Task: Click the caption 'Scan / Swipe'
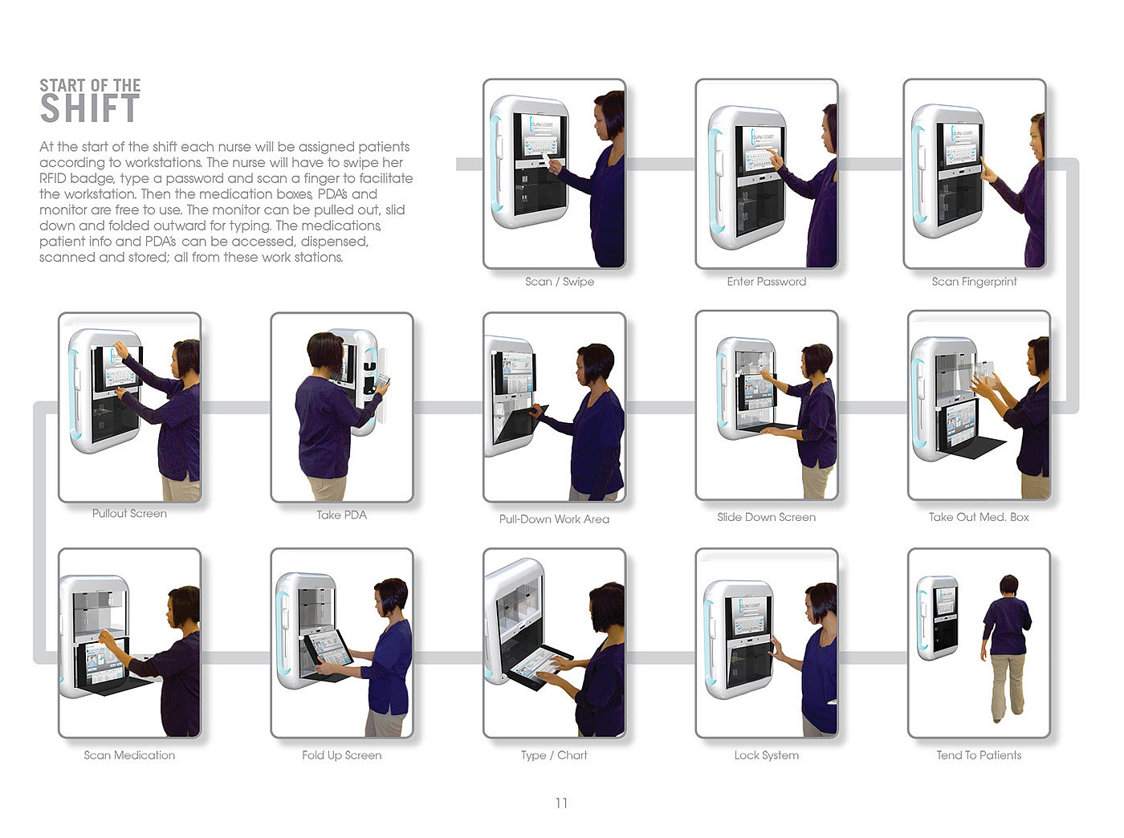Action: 559,282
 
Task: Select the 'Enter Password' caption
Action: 766,282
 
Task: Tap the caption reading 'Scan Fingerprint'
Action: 974,282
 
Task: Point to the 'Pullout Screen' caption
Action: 129,514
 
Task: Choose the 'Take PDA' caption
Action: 341,515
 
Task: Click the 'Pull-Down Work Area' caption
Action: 554,519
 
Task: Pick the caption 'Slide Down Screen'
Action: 766,517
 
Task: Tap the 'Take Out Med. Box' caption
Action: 979,517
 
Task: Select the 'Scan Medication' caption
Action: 129,755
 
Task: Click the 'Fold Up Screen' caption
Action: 341,755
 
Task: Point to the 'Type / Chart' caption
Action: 554,755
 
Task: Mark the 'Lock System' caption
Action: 766,755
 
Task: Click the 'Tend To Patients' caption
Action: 979,755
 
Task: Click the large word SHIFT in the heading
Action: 90,108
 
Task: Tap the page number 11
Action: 561,803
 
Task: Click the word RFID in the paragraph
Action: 53,178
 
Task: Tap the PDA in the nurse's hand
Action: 381,381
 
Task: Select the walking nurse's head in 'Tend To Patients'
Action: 1008,584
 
